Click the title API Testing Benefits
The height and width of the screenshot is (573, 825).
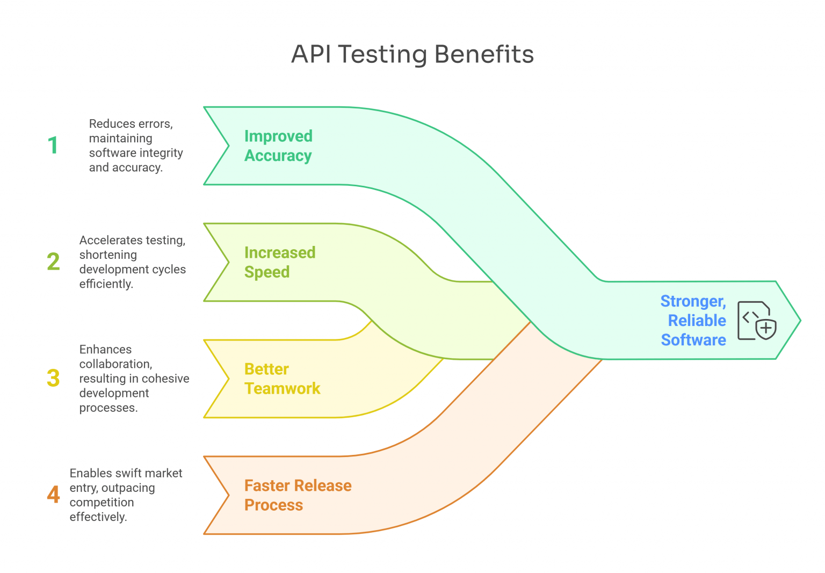412,54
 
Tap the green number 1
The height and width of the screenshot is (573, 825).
53,145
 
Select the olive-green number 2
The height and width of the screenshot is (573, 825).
53,262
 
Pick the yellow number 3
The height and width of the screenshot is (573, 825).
53,378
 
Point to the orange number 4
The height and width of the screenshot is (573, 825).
53,494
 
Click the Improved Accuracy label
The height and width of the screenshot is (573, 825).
278,146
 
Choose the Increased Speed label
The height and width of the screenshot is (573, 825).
280,262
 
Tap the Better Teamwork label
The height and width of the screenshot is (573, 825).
282,379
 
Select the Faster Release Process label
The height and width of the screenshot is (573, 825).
298,495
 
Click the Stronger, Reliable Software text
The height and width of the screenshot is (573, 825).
693,320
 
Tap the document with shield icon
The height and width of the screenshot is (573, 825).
756,321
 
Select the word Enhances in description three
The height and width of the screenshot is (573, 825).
105,350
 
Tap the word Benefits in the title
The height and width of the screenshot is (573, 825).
484,54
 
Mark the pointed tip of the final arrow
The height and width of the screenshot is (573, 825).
799,321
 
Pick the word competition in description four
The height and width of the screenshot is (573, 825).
102,503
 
